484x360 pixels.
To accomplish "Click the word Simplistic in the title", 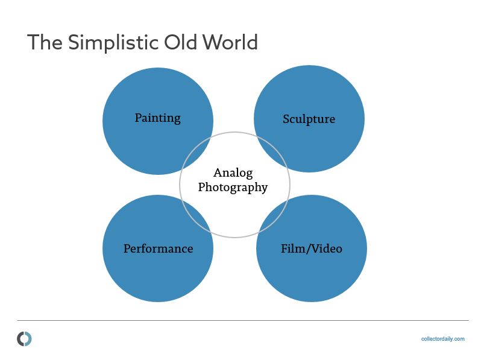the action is pos(113,43).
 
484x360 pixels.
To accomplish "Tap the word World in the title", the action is pos(230,42).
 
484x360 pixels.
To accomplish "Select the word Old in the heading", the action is pos(181,42).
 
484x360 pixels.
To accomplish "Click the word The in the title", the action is pos(45,42).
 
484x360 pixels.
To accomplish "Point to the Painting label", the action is pos(158,118).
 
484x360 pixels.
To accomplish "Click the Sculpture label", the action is pos(309,119).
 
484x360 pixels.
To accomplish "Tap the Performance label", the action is pos(159,248).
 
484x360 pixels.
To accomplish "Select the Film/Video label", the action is pos(312,248).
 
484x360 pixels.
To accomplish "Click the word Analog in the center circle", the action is pos(233,173).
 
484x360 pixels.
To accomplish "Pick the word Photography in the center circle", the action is pos(233,188).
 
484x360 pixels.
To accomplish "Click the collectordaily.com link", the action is pos(442,339).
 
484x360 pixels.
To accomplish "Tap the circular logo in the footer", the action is pos(24,339).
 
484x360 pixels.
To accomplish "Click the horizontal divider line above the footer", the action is pos(243,320).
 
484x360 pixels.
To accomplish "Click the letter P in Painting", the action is pos(139,118).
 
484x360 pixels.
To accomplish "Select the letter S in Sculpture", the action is pos(286,119).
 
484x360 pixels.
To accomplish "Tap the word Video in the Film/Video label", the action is pos(327,248).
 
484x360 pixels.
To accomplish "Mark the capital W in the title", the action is pos(212,42).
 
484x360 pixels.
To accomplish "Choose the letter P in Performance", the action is pos(127,248).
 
